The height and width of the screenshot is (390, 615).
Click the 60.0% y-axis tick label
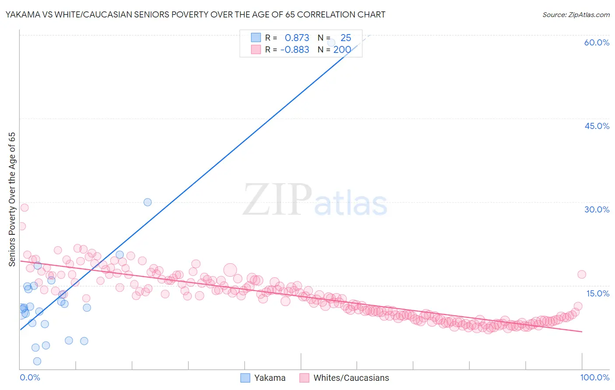pos(597,42)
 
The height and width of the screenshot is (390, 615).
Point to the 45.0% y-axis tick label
pos(597,126)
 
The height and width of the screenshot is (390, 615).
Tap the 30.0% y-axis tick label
pos(597,209)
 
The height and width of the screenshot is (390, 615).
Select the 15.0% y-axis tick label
pos(598,293)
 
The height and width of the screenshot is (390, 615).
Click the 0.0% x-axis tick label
pos(30,377)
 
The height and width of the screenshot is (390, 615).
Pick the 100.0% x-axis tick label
pos(594,377)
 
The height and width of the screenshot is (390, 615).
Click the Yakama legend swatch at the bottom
pos(245,378)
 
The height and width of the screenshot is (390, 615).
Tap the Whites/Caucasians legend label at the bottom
pos(351,378)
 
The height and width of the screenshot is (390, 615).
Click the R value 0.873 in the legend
pos(297,38)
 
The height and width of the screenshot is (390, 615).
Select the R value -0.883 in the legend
pos(295,50)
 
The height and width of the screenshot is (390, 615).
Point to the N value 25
pos(346,38)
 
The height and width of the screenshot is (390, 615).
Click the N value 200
pos(342,50)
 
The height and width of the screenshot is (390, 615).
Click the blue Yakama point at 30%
pos(147,202)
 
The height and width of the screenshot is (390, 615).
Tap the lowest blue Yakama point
pos(37,361)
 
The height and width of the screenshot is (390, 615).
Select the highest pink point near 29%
pos(24,208)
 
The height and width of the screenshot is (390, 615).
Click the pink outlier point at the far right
pos(581,275)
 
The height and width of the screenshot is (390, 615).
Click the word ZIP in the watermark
pos(277,200)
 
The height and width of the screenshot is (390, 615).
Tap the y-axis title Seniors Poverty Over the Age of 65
pos(12,199)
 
